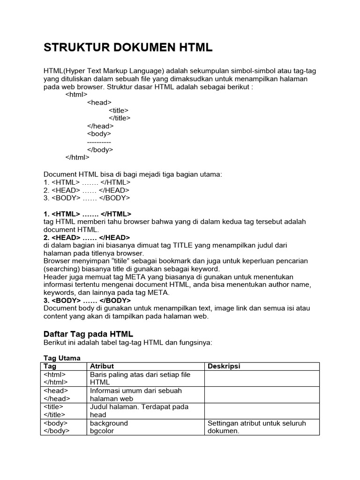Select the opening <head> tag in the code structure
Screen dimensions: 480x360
point(99,102)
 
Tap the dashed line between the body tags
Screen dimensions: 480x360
point(99,142)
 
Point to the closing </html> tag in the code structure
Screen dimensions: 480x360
point(77,157)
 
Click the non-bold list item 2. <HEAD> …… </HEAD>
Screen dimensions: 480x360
point(86,190)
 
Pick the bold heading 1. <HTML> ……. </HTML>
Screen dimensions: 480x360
point(88,214)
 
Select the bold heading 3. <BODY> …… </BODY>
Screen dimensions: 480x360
point(87,300)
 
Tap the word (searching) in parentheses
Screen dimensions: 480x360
point(61,269)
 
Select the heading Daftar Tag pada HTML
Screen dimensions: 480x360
point(89,334)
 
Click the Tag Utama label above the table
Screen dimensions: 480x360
point(62,358)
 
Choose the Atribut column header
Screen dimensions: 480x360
point(102,366)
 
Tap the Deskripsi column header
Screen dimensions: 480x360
point(224,366)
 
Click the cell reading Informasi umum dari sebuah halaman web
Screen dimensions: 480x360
point(136,395)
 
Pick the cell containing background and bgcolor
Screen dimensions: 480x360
point(109,427)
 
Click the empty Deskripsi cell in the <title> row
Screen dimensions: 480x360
point(262,411)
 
